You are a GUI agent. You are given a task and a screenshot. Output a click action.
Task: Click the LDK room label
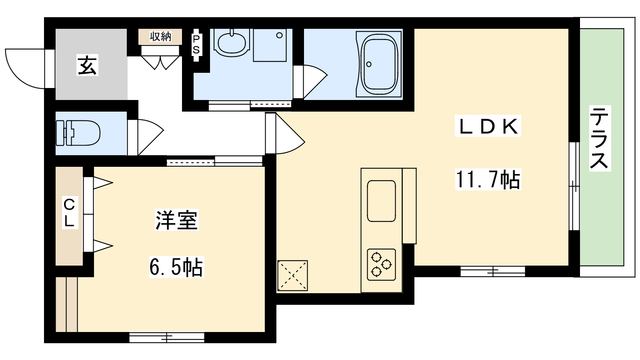(488, 126)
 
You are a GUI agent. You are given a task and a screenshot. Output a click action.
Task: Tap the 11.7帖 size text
(488, 179)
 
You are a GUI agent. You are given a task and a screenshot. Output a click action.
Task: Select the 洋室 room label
(176, 220)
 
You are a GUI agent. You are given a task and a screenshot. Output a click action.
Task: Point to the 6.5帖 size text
(176, 267)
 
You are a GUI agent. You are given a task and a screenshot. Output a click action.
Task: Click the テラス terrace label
(600, 138)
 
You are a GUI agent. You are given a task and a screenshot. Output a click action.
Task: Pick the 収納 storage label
(160, 36)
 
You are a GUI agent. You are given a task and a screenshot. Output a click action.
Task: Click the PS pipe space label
(196, 44)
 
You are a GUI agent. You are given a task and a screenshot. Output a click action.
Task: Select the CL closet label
(69, 214)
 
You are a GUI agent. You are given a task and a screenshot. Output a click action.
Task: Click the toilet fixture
(78, 133)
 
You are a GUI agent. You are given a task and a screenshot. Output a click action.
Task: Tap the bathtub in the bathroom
(380, 64)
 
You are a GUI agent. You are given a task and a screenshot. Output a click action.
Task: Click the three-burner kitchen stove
(382, 264)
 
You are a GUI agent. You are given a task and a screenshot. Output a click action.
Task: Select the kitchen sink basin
(382, 201)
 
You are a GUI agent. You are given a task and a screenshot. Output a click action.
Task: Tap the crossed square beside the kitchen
(292, 276)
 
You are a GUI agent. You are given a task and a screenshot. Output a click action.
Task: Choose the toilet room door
(146, 137)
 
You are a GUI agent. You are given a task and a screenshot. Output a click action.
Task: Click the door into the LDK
(285, 133)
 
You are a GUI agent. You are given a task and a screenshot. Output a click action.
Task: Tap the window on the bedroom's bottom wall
(167, 337)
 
